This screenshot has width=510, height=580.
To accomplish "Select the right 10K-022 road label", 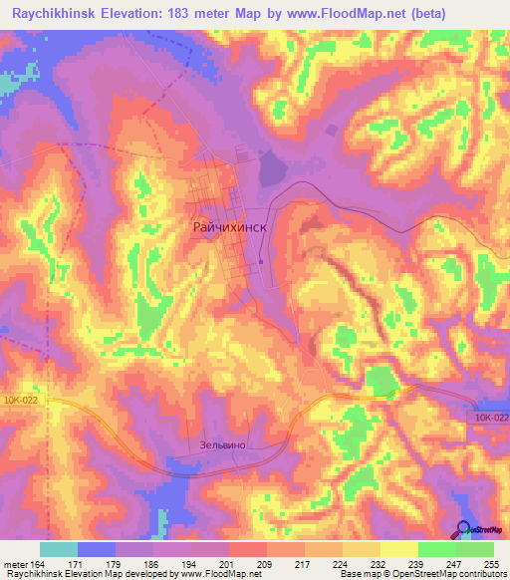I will (491, 418).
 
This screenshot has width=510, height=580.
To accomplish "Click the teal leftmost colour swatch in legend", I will (59, 549).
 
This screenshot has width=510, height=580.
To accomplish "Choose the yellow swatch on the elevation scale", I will (398, 549).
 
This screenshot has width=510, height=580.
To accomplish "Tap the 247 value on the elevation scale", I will (454, 564).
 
